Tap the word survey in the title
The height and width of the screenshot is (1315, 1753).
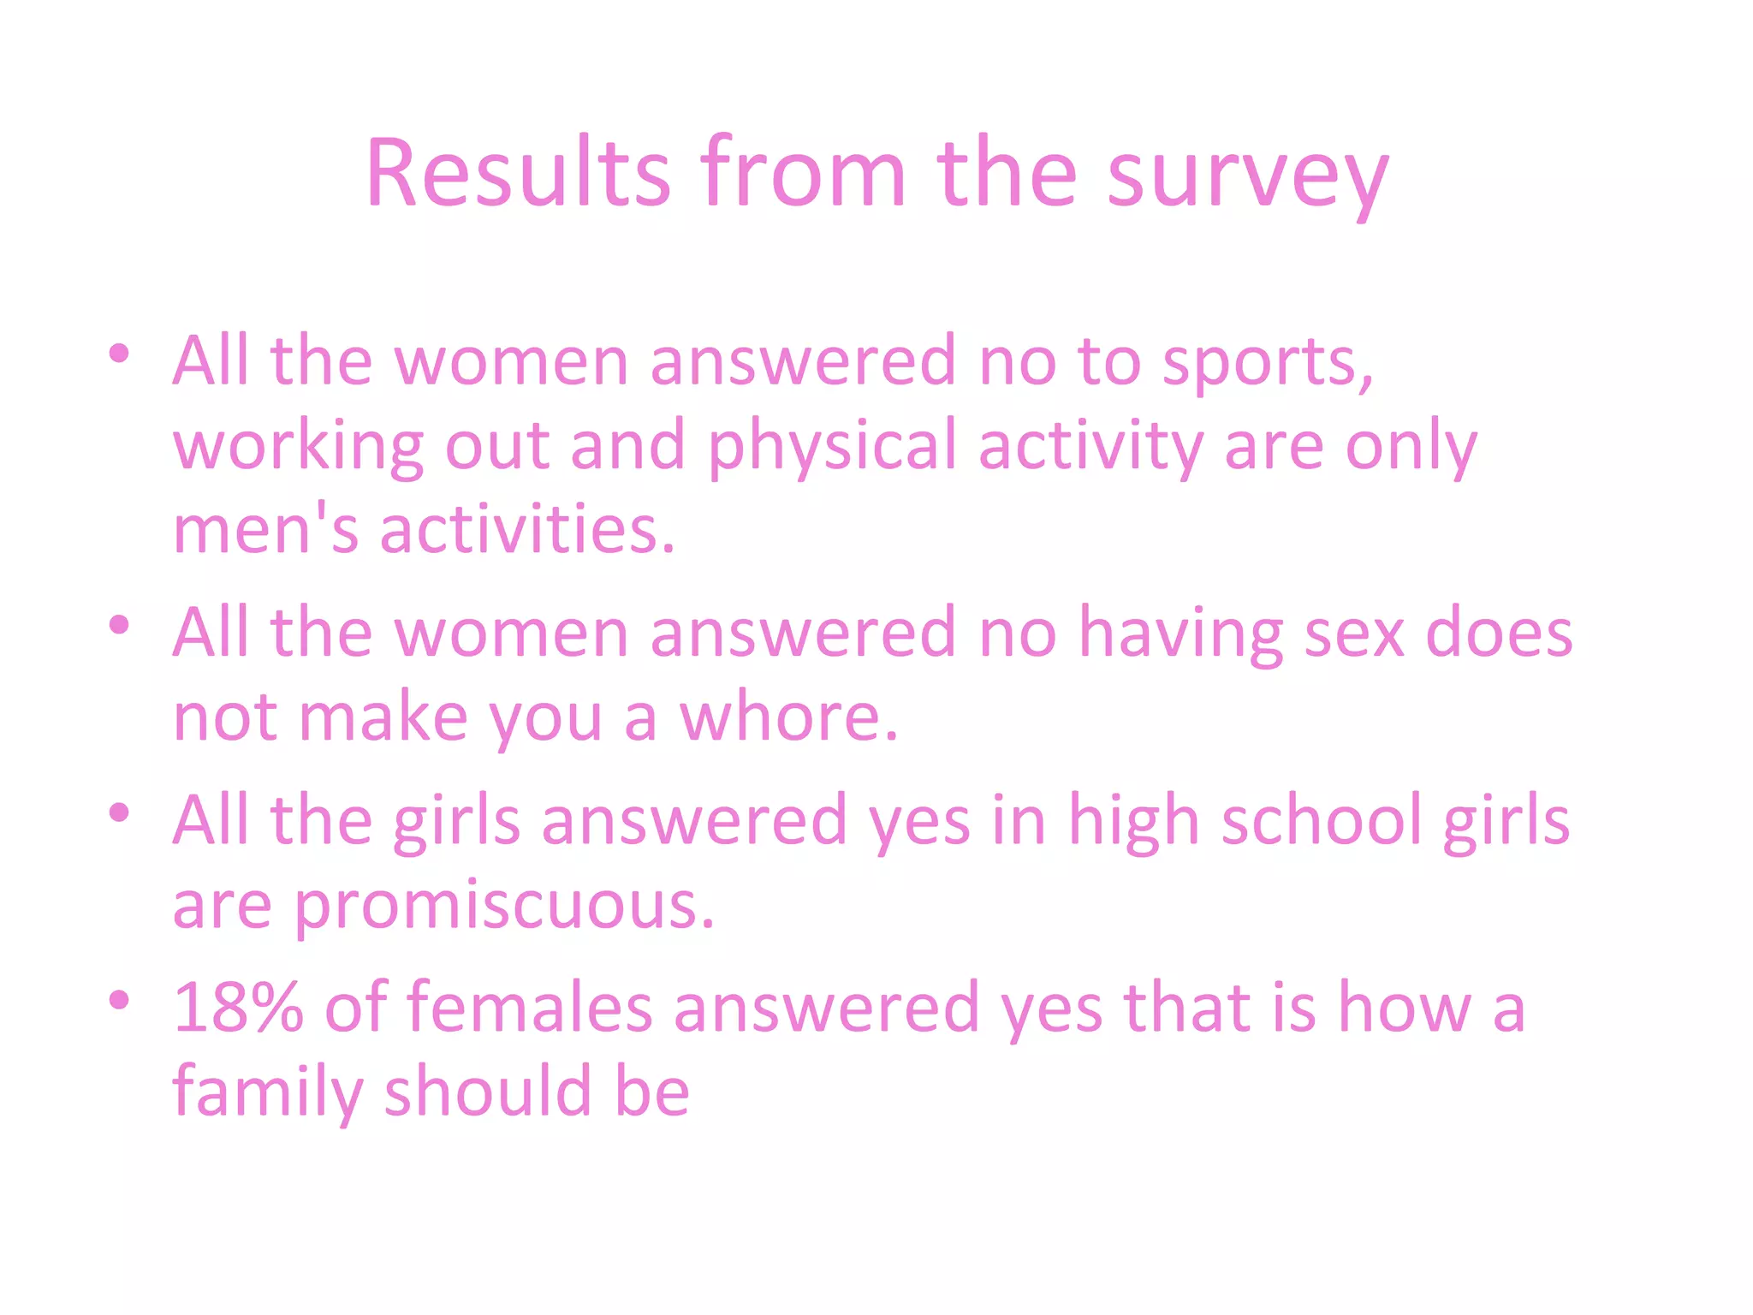(x=1247, y=176)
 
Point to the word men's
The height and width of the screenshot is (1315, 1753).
(x=265, y=529)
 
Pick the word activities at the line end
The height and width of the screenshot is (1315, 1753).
(x=526, y=529)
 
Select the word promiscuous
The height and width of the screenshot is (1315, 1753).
(x=504, y=906)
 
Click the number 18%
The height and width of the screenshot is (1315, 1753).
(x=238, y=1008)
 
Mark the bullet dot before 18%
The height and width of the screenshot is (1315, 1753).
(x=119, y=999)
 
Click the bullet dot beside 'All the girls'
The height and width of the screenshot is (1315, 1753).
(x=119, y=812)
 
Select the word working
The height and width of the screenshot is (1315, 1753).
(x=298, y=447)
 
